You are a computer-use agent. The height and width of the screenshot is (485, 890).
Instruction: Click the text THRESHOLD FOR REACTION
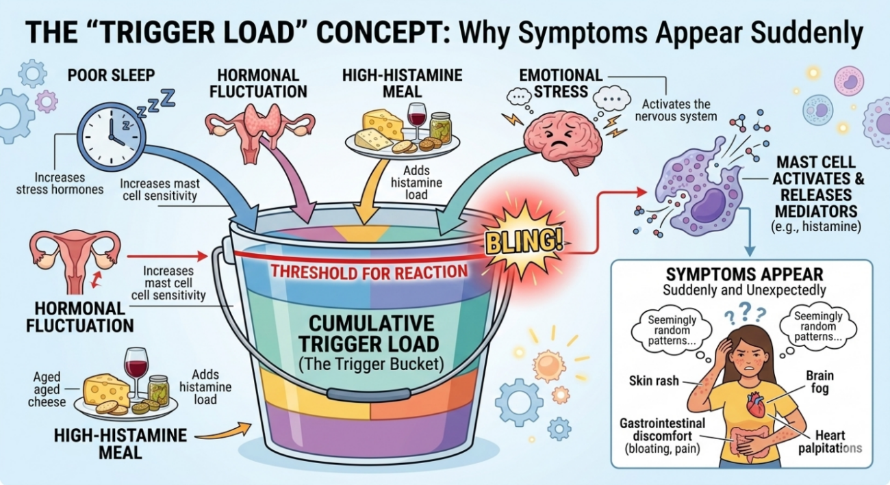click(369, 271)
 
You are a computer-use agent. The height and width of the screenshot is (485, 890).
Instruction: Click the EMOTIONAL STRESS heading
click(560, 82)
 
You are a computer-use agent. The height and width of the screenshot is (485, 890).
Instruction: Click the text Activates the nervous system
click(678, 110)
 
